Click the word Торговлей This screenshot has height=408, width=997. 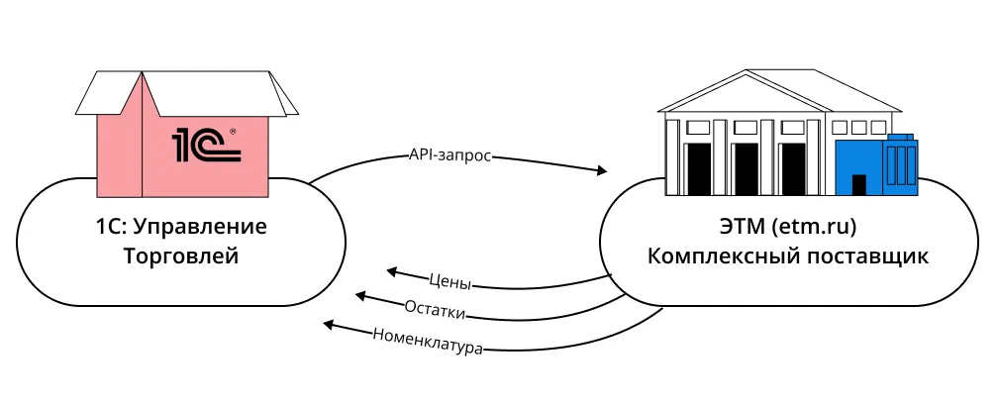pyautogui.click(x=181, y=256)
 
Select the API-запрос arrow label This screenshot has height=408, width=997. pyautogui.click(x=449, y=155)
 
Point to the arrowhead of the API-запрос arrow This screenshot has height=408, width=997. pyautogui.click(x=601, y=171)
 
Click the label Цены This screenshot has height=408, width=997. pyautogui.click(x=450, y=279)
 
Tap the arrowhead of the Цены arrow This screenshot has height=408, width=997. pyautogui.click(x=392, y=268)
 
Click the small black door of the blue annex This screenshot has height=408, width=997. pyautogui.click(x=858, y=185)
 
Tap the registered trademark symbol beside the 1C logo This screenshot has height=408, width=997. pyautogui.click(x=233, y=131)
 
